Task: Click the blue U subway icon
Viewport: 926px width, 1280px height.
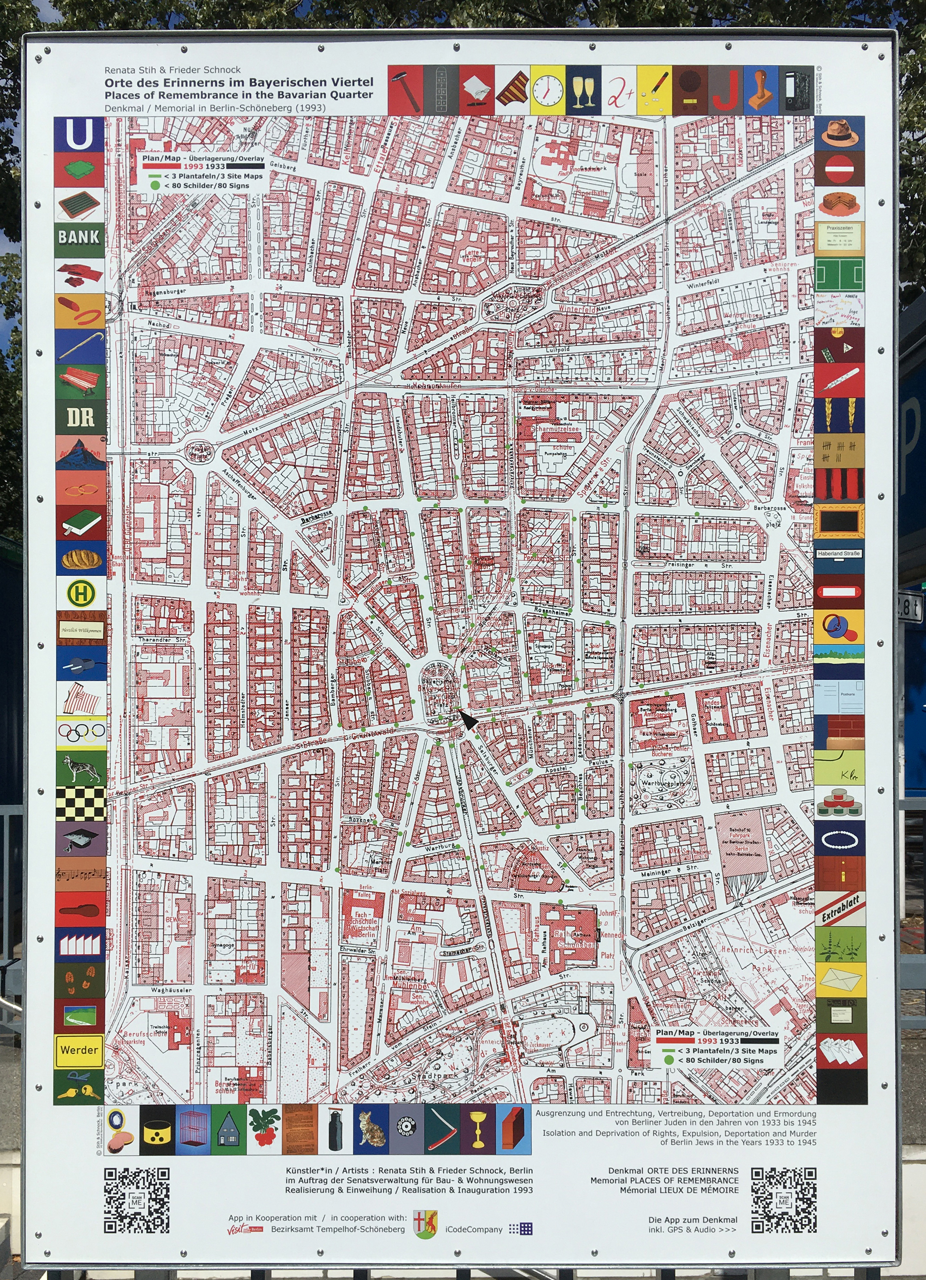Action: (79, 134)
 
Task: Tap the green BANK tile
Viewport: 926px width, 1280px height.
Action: (79, 237)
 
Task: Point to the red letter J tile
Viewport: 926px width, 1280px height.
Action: (725, 90)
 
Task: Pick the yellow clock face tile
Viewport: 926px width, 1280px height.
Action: (547, 90)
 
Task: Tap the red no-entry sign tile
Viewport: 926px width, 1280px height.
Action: (840, 168)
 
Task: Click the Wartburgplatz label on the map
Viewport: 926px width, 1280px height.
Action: (662, 784)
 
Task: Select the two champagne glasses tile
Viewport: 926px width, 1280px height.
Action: (583, 90)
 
